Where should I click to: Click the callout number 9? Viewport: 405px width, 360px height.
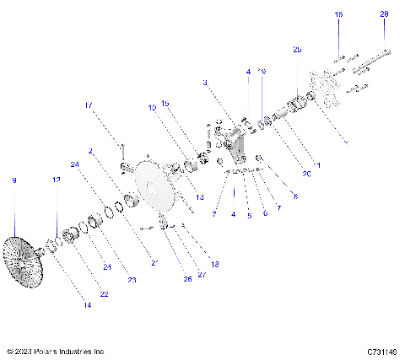[x=13, y=180]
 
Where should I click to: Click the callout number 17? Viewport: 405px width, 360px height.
[x=87, y=105]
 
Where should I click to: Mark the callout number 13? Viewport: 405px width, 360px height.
[x=200, y=197]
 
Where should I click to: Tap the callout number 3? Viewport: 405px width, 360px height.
[x=205, y=83]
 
